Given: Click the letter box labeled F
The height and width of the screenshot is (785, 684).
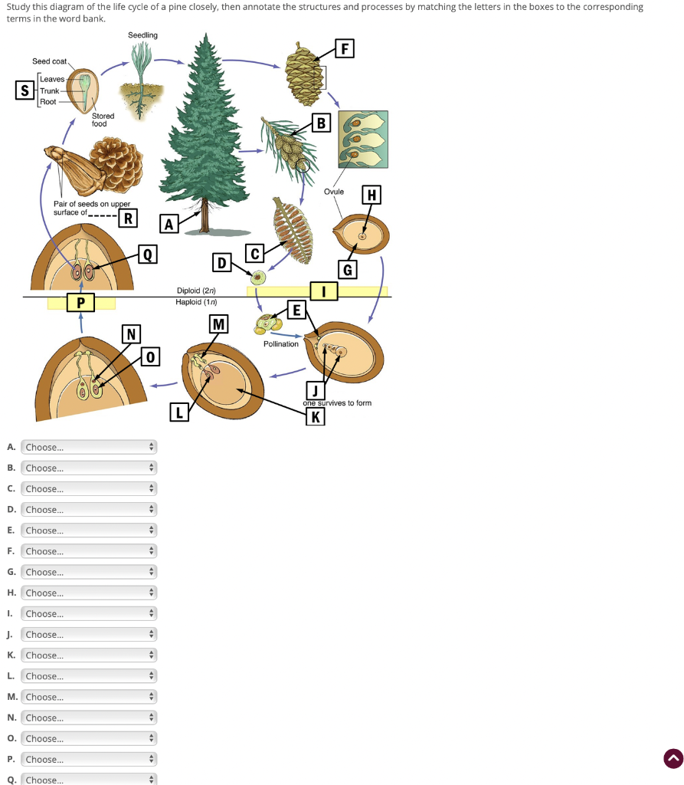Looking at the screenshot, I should coord(345,50).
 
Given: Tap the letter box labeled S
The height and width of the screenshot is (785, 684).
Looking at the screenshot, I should coord(25,90).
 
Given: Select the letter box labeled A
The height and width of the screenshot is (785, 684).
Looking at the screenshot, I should coord(169,224).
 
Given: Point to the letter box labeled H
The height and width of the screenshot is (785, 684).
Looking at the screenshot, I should coord(372,195).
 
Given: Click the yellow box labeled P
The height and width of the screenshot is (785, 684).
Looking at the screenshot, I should coord(80,303).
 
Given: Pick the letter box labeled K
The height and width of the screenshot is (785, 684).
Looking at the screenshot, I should coord(315,417).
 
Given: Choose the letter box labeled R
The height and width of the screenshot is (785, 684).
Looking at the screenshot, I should coord(128,218).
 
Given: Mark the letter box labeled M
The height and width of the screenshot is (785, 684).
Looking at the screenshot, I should coord(219,324).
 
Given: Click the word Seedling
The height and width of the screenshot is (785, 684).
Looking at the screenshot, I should coord(142,35).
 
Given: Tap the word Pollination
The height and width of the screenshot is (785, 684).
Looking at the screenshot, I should coord(281,344).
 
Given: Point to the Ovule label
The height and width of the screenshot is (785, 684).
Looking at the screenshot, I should coord(334,191).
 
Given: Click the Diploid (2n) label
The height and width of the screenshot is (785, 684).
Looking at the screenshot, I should coord(196,291).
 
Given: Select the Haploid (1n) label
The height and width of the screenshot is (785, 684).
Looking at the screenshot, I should coord(196,301).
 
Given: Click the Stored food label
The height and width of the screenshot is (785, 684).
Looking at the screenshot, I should coord(103,120).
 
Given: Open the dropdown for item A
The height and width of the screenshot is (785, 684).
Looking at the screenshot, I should coord(89,447).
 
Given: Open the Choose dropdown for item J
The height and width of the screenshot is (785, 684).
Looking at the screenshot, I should coord(89,635).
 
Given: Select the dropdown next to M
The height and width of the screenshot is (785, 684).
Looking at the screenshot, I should coord(89,697).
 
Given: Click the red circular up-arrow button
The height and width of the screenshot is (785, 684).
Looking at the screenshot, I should coord(673,759).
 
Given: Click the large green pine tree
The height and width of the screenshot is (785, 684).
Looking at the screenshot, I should coord(204,130).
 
